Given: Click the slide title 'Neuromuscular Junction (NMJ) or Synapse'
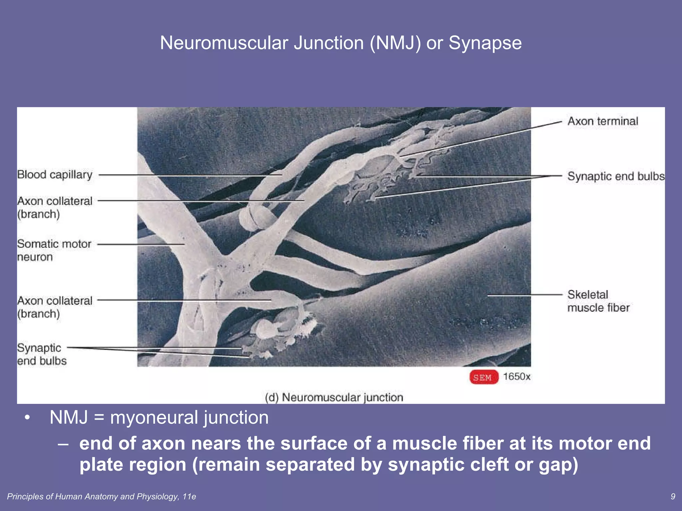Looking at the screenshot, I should point(341,43).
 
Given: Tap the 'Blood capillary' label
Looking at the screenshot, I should point(55,175).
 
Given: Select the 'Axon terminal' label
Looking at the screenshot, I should point(602,121).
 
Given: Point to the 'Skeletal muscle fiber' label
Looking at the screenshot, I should point(598,301).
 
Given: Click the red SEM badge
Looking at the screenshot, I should point(484,377).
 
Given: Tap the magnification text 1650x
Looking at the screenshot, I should point(516,377).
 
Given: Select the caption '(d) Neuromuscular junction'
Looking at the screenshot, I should point(334,397).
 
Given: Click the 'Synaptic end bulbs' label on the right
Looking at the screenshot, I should point(615,176).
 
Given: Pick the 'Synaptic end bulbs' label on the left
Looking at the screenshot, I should point(41,354).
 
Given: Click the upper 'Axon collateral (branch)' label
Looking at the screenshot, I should point(55,207).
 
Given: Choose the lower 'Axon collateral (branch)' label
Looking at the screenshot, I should point(55,307).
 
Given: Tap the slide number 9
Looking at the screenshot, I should point(673,496).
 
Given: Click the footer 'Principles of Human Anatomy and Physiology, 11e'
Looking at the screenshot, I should point(101,497).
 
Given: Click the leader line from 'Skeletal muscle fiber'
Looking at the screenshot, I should point(524,295).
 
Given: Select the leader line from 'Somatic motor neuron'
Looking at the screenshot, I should point(140,244).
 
